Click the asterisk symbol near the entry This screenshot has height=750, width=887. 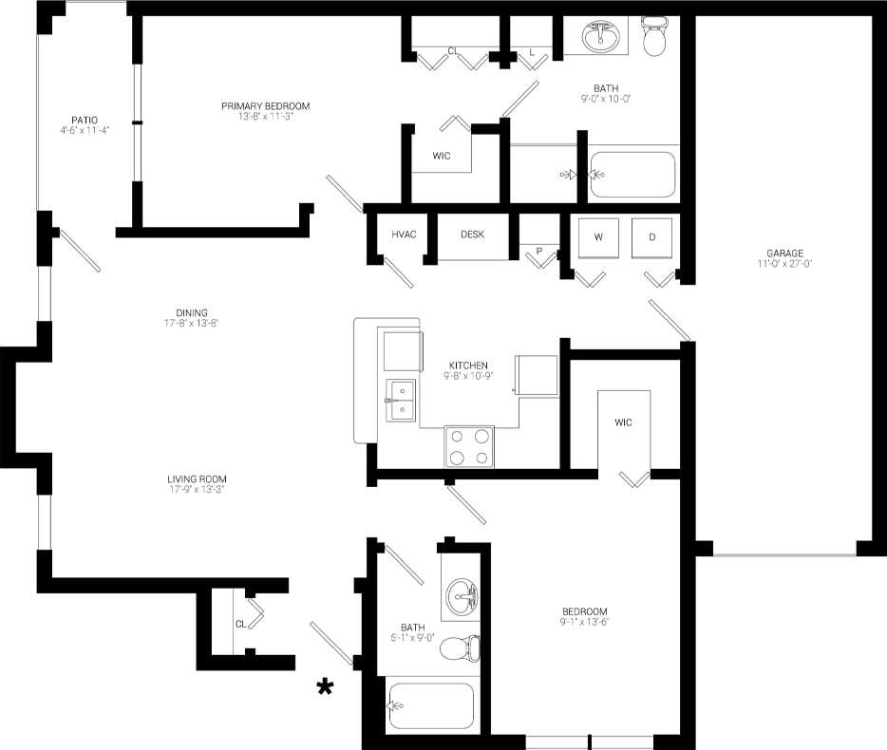tap(325, 687)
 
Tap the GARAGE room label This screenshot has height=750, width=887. tap(785, 253)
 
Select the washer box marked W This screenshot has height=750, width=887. tap(598, 237)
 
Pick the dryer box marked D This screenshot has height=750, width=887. tap(651, 237)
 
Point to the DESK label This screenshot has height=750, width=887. tap(472, 234)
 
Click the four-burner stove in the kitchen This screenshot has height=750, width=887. tap(470, 446)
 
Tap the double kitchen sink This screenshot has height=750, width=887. tap(401, 400)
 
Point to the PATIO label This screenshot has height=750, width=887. tap(84, 120)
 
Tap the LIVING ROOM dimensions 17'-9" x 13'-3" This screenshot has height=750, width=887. tap(198, 490)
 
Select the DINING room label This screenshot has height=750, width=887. tap(191, 312)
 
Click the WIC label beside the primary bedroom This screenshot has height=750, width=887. tap(441, 155)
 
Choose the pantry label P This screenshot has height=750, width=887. tap(539, 252)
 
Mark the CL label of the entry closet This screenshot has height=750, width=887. tap(240, 624)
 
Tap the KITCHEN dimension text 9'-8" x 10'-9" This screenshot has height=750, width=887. tap(468, 376)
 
